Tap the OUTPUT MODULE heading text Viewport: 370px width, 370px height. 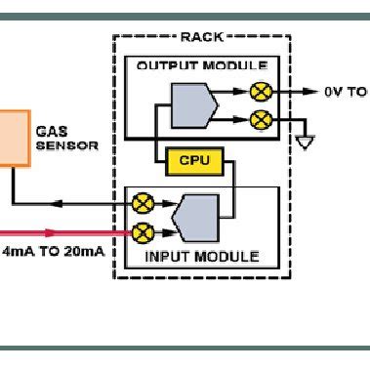point(200,65)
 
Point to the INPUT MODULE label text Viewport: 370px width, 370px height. point(202,257)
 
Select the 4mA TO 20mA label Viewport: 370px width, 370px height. point(54,256)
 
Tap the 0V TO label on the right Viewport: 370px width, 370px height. point(345,92)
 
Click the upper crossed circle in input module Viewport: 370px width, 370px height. point(143,204)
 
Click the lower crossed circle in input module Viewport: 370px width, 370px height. point(143,232)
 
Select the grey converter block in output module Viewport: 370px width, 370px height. point(189,104)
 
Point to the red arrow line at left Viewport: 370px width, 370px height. point(59,233)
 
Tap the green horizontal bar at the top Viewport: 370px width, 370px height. point(185,16)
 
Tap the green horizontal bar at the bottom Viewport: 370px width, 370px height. point(185,349)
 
